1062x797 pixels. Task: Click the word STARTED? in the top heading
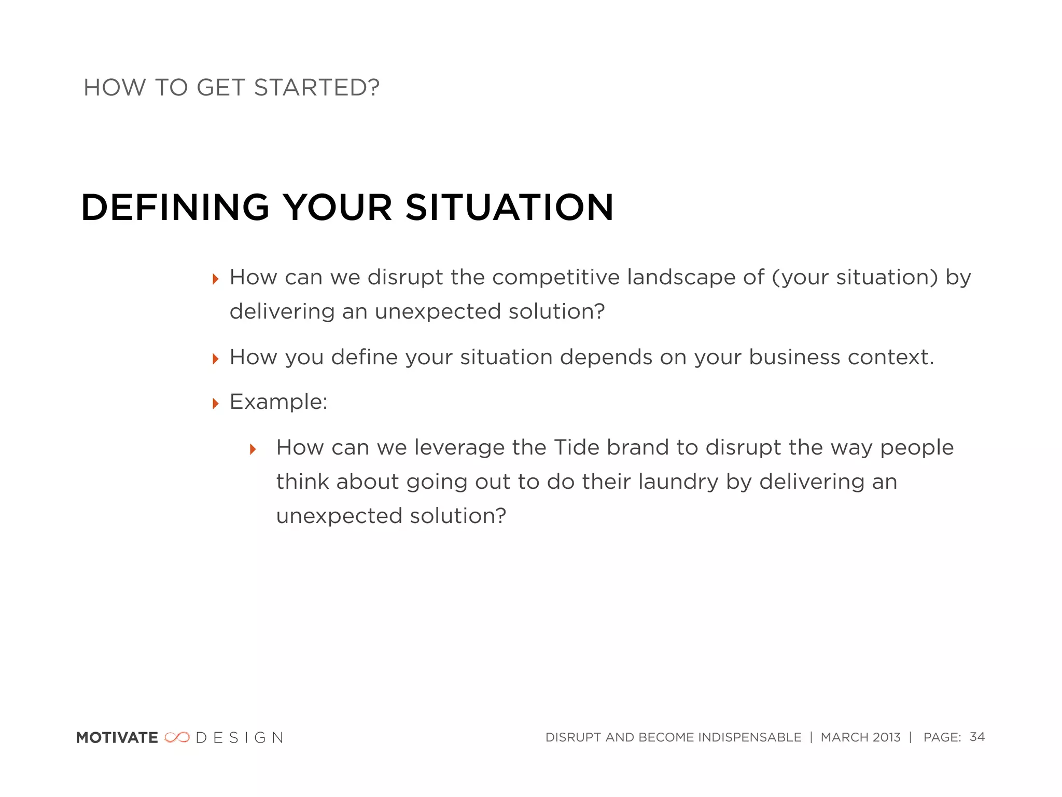click(x=316, y=88)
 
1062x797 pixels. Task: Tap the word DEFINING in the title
click(x=175, y=208)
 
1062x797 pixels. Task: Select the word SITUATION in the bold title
click(x=509, y=208)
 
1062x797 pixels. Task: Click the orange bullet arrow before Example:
click(x=216, y=403)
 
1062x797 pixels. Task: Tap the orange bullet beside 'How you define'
click(x=216, y=359)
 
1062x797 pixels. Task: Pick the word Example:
click(x=278, y=402)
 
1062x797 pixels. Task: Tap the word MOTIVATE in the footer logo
click(x=117, y=738)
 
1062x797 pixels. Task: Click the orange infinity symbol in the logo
click(x=177, y=737)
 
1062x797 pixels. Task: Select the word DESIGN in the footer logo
click(x=240, y=738)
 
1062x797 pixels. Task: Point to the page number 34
click(x=977, y=737)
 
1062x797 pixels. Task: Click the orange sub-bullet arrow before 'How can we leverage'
click(x=253, y=449)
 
